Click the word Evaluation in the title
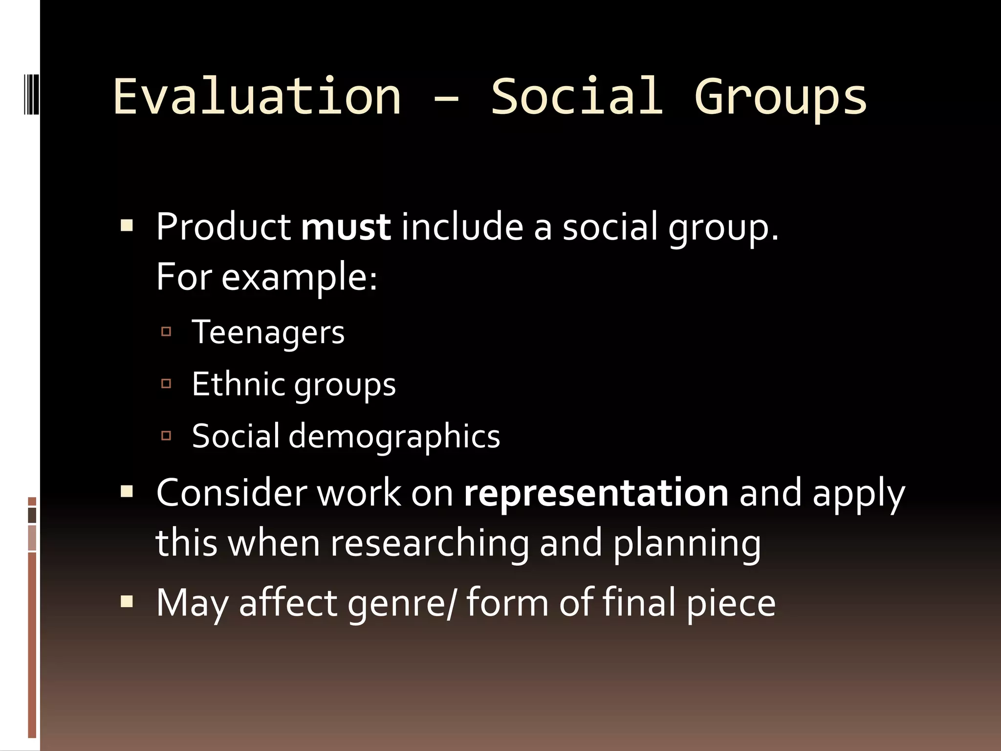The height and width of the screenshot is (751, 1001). point(257,96)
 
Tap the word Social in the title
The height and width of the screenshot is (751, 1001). point(577,96)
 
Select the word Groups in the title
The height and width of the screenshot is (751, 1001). point(781,96)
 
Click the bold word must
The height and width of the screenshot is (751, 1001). point(346,227)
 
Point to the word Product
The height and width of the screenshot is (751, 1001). point(223,227)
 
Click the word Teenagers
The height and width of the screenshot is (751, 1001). point(268,332)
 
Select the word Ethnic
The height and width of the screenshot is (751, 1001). point(238,384)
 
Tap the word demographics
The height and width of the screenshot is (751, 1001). point(394,436)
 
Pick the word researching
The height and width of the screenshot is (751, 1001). point(430,543)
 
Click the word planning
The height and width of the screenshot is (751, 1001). point(687,543)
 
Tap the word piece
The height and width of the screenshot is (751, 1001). point(731,603)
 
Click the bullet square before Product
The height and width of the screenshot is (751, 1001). point(127,226)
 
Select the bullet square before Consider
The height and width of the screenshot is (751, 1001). point(127,491)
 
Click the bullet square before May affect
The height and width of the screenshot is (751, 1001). point(127,601)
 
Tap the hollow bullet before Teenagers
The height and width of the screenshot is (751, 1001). point(166,332)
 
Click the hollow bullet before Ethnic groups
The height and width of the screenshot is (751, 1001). point(166,384)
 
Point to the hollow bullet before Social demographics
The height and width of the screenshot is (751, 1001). point(166,436)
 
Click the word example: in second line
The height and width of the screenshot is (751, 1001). point(300,278)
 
